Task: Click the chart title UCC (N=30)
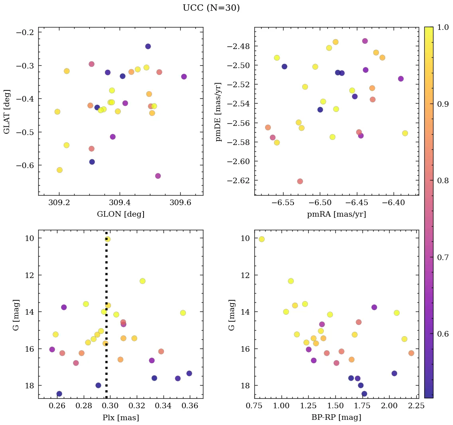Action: click(211, 8)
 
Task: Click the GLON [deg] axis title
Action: click(120, 214)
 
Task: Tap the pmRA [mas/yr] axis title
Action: click(336, 214)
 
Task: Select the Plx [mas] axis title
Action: click(120, 418)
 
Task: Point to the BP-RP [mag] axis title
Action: click(336, 418)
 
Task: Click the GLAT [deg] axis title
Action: click(6, 112)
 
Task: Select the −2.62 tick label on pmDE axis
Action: click(238, 181)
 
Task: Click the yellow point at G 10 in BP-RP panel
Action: click(262, 239)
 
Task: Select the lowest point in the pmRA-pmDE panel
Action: click(300, 181)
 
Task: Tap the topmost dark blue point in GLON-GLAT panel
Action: click(148, 46)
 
